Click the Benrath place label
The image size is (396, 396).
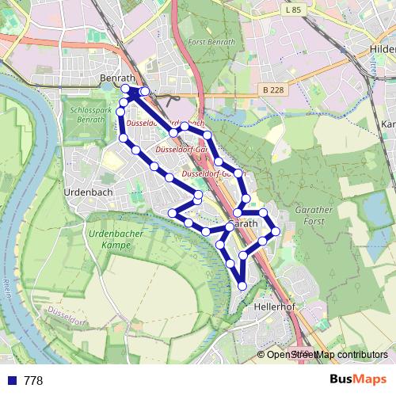(120, 78)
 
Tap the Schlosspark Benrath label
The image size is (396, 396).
(88, 114)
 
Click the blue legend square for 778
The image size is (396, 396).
(10, 381)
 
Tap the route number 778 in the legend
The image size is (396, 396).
(33, 381)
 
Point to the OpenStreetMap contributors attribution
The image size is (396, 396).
(327, 355)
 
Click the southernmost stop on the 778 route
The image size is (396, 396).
(242, 285)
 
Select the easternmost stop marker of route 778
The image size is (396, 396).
(276, 231)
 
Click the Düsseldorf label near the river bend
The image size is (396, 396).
(68, 316)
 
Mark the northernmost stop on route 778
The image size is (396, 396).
(125, 89)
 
